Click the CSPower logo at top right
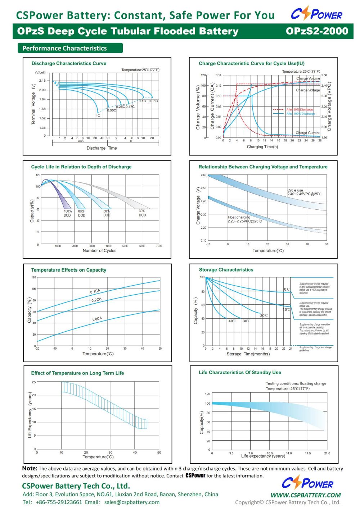point(316,14)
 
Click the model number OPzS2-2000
point(317,31)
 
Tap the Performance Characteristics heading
point(65,48)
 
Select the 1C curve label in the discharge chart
point(98,115)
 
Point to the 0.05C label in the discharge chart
point(153,101)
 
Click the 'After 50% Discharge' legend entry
point(300,109)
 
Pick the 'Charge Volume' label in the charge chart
point(308,78)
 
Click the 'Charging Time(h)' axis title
point(262,147)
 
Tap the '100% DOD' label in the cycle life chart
point(67,213)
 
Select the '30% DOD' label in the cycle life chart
point(142,213)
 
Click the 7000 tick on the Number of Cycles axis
point(159,246)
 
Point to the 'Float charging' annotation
point(239,217)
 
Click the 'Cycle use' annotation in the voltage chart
point(295,190)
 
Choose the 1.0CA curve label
point(97,319)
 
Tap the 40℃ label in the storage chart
point(232,321)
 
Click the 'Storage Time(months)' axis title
point(248,354)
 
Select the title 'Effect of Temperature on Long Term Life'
point(77,373)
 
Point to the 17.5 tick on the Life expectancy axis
point(308,453)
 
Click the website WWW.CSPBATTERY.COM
point(305,495)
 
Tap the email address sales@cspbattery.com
point(132,502)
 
